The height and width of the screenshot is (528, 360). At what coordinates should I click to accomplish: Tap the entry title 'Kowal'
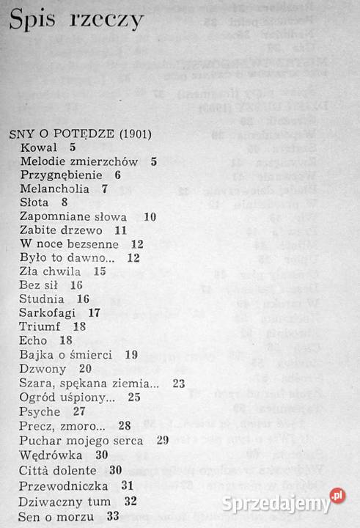click(40, 148)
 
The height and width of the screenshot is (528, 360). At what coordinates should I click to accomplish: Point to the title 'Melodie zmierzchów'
click(80, 161)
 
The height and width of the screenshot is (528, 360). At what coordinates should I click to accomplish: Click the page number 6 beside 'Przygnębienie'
click(117, 175)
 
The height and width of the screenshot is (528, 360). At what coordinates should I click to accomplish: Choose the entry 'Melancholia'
click(58, 188)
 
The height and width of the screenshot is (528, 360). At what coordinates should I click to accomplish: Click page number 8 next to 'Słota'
click(65, 202)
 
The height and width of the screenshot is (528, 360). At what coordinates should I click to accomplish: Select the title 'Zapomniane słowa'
click(74, 216)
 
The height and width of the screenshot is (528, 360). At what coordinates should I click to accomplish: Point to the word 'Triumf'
click(43, 326)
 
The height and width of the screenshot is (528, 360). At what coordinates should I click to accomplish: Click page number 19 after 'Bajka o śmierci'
click(132, 354)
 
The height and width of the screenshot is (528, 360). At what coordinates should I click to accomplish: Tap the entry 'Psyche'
click(41, 411)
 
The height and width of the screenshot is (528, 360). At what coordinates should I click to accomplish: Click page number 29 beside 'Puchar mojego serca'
click(163, 439)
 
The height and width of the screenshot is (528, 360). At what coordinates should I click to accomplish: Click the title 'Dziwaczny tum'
click(66, 502)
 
